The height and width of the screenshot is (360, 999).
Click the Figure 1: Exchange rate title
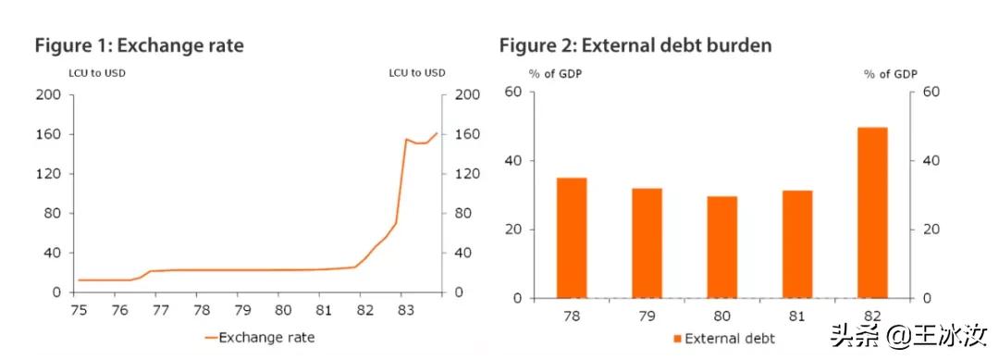[x=139, y=44]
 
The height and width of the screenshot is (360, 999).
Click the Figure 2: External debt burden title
[x=635, y=44]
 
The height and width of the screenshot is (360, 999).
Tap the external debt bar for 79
[x=647, y=243]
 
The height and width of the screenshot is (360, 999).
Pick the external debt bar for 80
[x=721, y=247]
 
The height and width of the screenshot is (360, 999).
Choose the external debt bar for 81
[x=797, y=244]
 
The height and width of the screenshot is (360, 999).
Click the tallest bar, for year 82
[x=871, y=213]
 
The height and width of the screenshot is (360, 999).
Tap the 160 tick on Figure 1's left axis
[x=49, y=134]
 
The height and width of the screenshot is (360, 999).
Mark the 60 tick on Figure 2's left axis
[x=513, y=92]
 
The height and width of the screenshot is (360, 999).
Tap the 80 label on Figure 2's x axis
[x=721, y=317]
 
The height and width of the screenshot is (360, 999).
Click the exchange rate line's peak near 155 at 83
[x=405, y=140]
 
